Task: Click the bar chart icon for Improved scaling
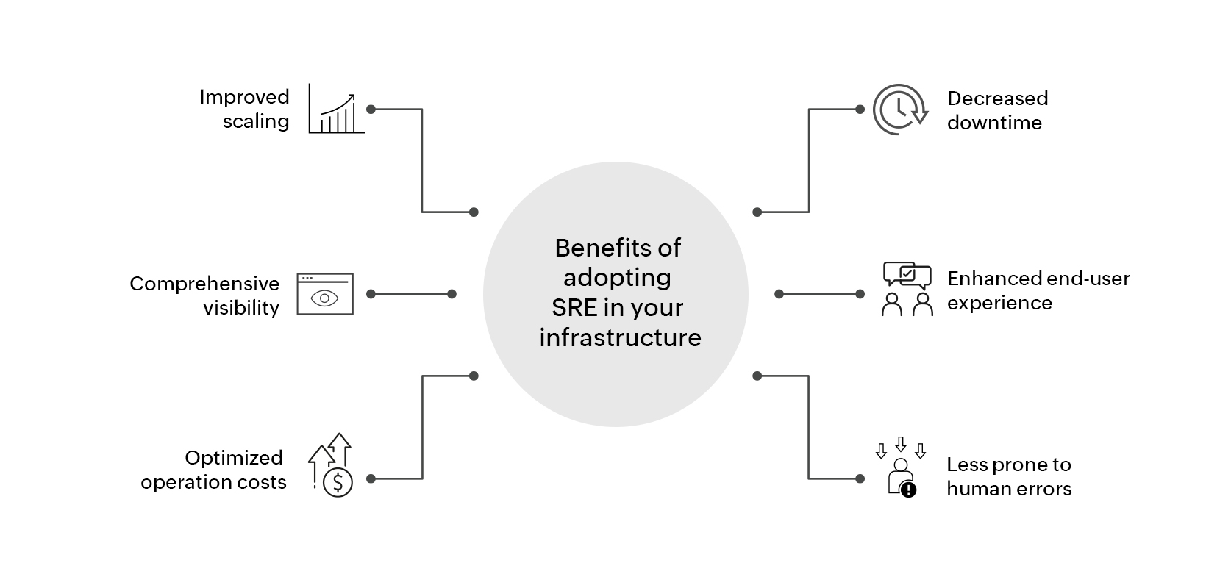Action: point(336,110)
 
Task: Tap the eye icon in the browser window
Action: point(325,298)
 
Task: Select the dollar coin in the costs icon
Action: point(338,483)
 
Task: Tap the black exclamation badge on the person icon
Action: point(909,490)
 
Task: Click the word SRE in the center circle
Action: point(574,307)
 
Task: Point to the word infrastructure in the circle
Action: point(619,337)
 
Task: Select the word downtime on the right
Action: point(994,123)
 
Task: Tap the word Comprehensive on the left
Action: point(204,284)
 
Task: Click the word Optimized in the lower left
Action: point(234,458)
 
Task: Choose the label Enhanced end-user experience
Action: point(1037,290)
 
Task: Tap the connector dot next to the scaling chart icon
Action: point(371,110)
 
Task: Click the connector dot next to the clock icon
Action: point(860,110)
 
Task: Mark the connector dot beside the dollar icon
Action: point(371,478)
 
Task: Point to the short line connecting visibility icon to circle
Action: point(411,294)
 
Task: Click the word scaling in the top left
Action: point(256,121)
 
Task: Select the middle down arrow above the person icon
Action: point(900,444)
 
